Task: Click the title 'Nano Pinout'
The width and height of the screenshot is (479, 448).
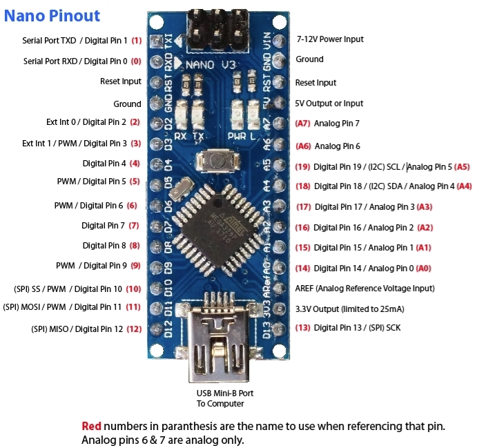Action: click(52, 15)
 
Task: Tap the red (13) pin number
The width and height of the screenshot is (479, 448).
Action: click(302, 327)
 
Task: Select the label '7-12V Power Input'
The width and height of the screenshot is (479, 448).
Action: click(330, 39)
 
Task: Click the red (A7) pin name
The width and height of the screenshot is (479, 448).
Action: click(302, 124)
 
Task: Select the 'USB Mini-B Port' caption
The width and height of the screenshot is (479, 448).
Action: click(220, 393)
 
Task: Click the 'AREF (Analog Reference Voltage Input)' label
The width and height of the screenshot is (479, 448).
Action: click(364, 289)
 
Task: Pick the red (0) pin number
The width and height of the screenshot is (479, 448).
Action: click(136, 61)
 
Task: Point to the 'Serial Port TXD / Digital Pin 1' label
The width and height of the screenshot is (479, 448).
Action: click(75, 41)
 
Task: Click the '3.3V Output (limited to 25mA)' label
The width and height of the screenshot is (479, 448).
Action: click(350, 309)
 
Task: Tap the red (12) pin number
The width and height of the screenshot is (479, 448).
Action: click(134, 329)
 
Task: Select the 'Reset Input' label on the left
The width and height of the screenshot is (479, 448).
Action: click(121, 81)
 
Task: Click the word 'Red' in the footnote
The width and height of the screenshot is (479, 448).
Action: click(91, 426)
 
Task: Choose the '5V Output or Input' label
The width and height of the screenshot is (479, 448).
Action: click(329, 103)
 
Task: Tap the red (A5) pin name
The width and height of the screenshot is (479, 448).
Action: click(462, 166)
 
